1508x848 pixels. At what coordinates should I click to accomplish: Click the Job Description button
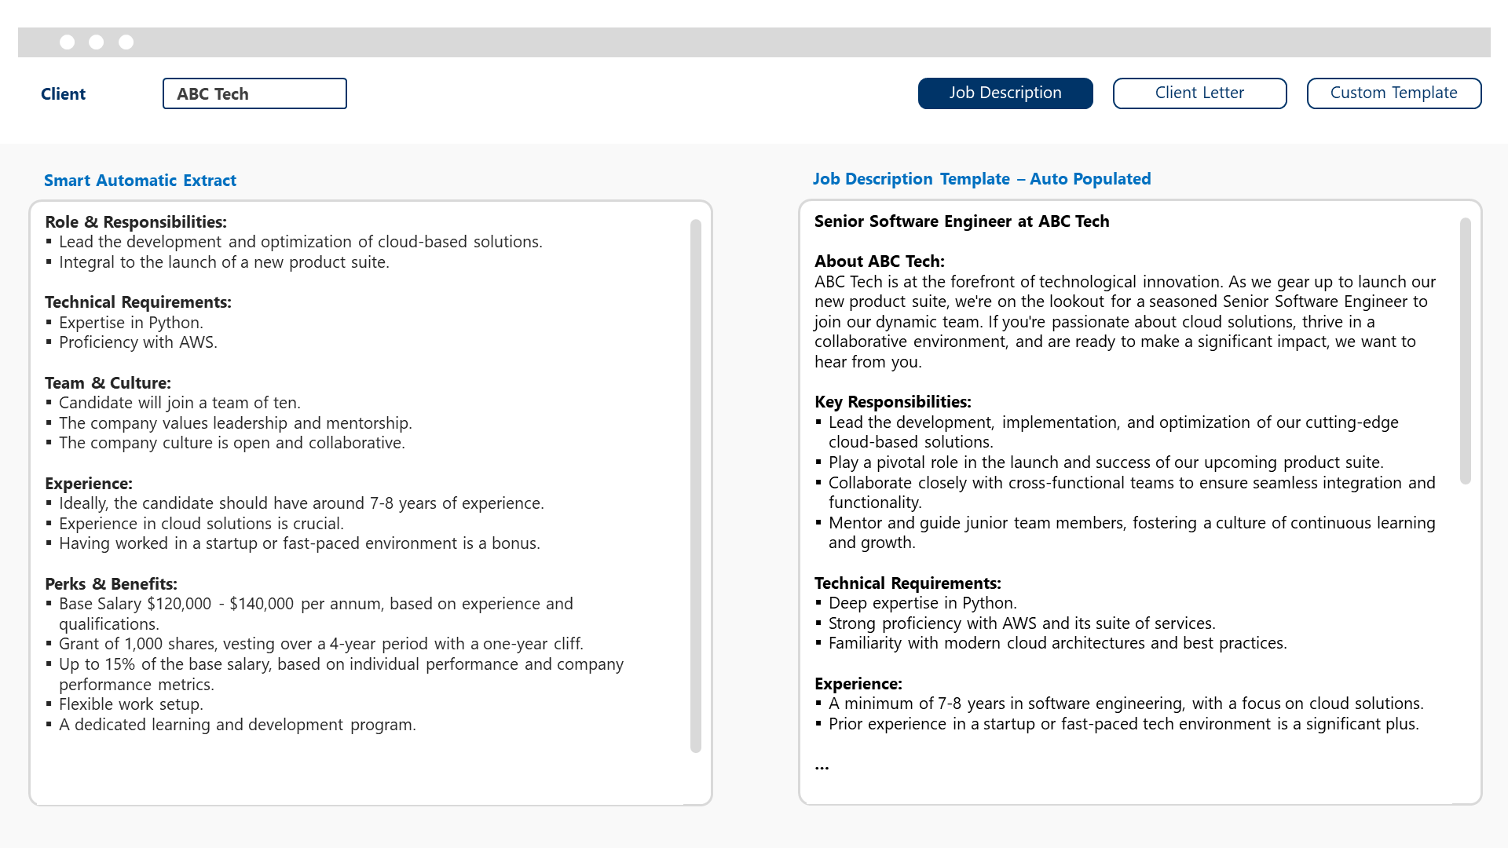pyautogui.click(x=1005, y=93)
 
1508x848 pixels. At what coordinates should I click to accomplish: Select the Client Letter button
pyautogui.click(x=1199, y=93)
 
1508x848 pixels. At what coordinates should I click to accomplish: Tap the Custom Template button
pyautogui.click(x=1393, y=93)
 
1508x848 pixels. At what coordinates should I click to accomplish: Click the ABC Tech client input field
pyautogui.click(x=254, y=93)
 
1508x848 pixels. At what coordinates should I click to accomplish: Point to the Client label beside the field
pyautogui.click(x=63, y=94)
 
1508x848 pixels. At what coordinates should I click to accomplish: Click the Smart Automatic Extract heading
pyautogui.click(x=140, y=181)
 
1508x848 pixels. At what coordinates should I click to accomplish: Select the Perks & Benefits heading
pyautogui.click(x=111, y=584)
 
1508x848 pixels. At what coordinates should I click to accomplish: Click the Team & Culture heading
pyautogui.click(x=108, y=383)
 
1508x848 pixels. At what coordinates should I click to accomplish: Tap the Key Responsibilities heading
pyautogui.click(x=892, y=402)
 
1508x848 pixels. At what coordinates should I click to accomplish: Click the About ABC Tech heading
pyautogui.click(x=879, y=261)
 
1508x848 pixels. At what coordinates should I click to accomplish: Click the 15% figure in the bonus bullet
pyautogui.click(x=119, y=664)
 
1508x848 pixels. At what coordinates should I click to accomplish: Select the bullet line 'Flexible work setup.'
pyautogui.click(x=130, y=704)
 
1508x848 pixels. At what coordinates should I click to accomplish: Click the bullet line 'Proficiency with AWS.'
pyautogui.click(x=137, y=342)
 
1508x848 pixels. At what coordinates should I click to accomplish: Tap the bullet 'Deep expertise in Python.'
pyautogui.click(x=922, y=603)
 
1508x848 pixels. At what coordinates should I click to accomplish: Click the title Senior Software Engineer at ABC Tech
pyautogui.click(x=961, y=221)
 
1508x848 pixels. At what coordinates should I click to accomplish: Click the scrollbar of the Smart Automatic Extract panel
pyautogui.click(x=695, y=487)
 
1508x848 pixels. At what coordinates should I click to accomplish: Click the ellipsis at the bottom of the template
pyautogui.click(x=822, y=766)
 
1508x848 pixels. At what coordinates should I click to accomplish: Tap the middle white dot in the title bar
pyautogui.click(x=97, y=42)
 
